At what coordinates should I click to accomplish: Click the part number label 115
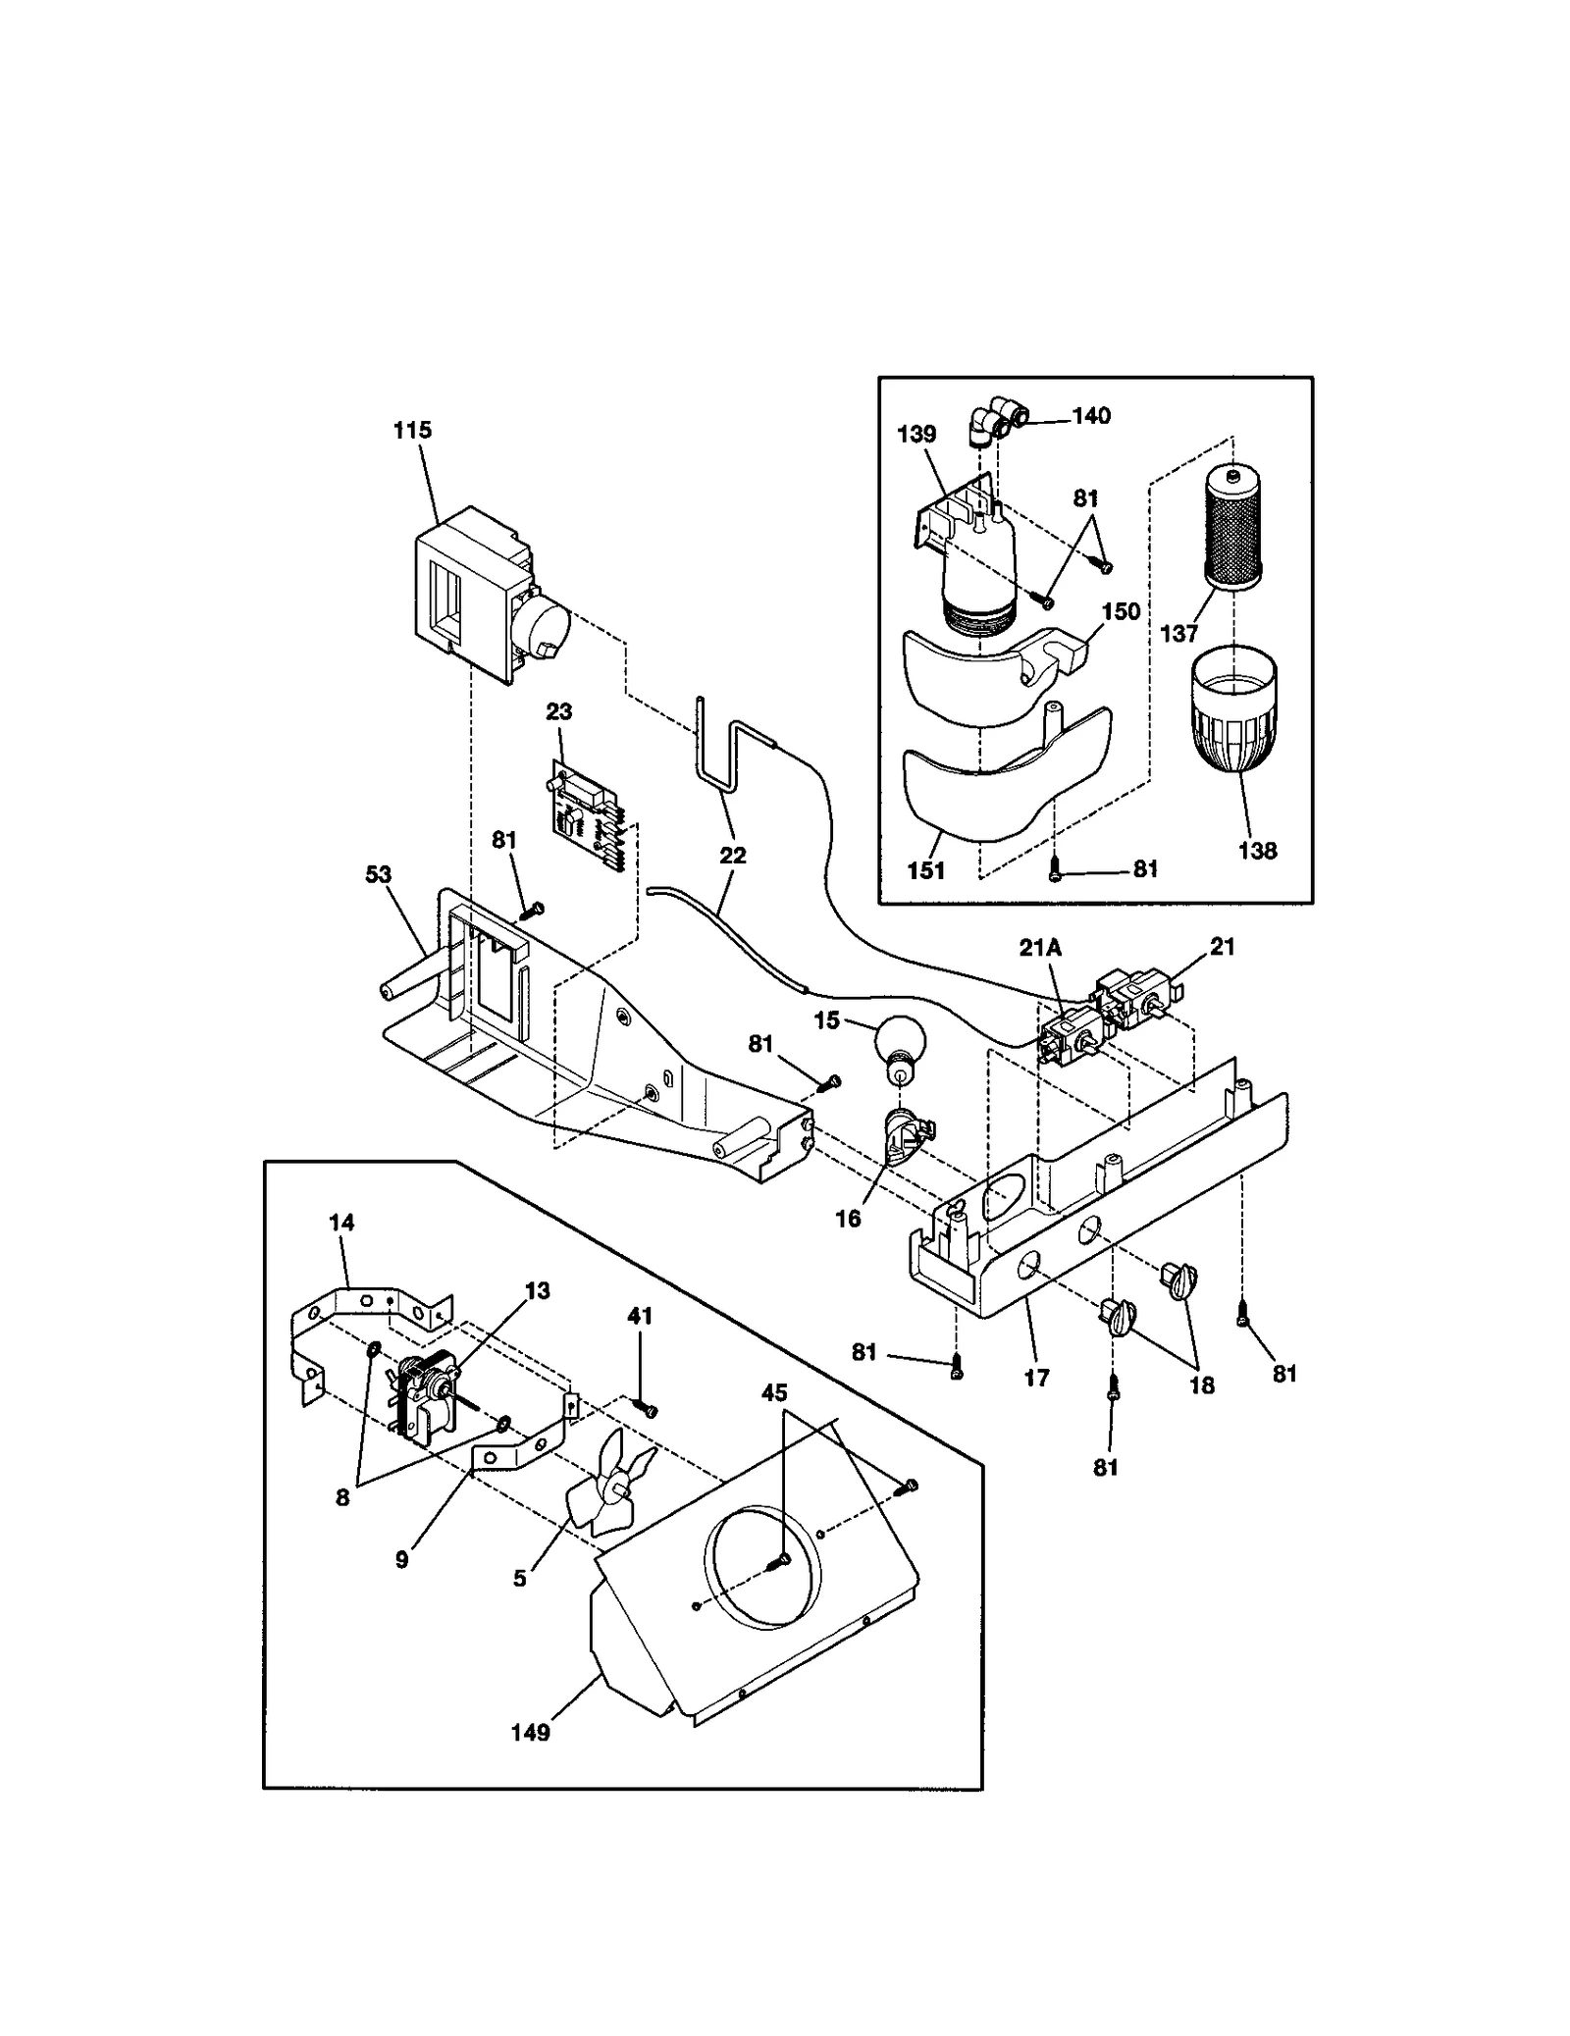point(412,430)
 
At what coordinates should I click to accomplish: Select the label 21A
point(1040,948)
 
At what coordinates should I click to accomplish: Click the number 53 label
point(379,874)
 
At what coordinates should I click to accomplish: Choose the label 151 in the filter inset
point(926,869)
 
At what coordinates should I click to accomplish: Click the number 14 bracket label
point(341,1222)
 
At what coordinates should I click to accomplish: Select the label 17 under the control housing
point(1036,1377)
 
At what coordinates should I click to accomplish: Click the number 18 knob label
point(1201,1384)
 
